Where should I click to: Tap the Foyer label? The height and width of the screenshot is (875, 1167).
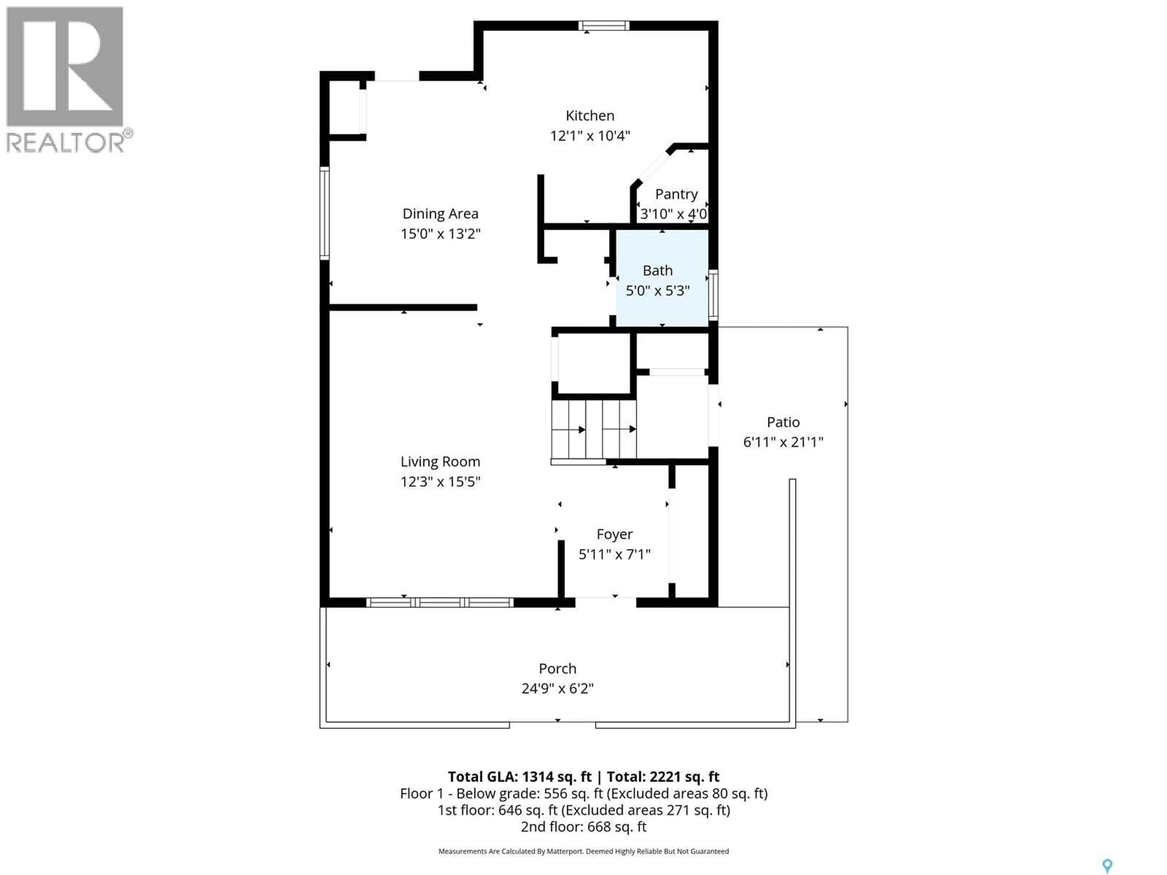point(614,534)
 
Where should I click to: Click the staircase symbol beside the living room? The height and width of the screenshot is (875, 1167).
point(594,429)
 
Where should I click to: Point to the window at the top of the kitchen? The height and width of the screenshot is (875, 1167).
point(604,25)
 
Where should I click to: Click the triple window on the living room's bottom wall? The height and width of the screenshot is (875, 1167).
point(439,602)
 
